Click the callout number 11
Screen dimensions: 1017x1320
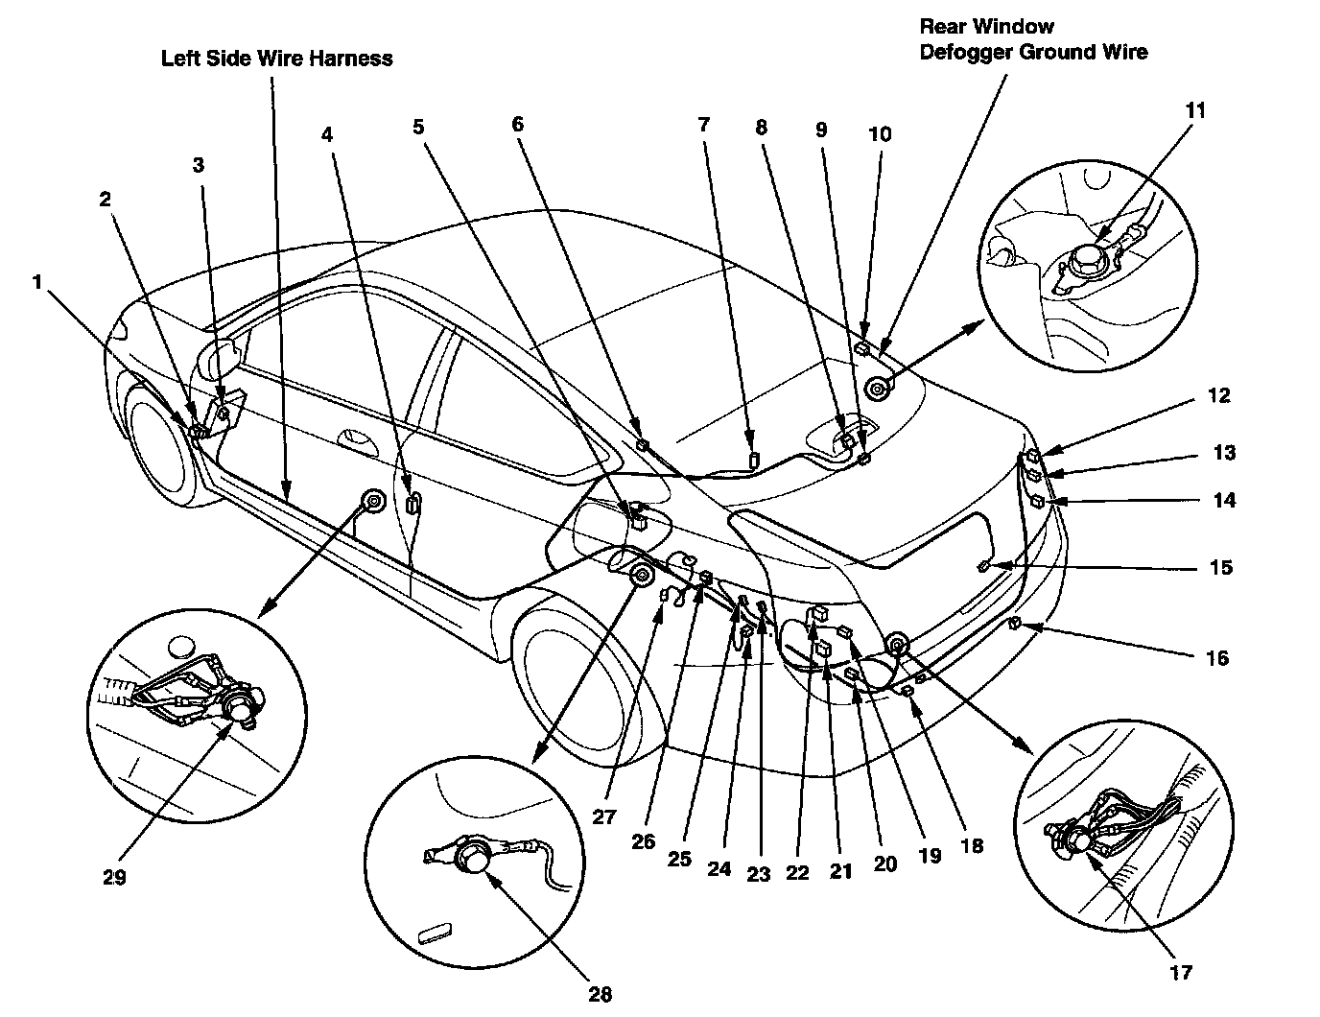coord(1194,110)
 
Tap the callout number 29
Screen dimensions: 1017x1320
coord(113,876)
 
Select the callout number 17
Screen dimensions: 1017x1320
coord(1181,972)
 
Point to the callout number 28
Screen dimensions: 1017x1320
coord(600,994)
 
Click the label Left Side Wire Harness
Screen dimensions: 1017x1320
coord(276,59)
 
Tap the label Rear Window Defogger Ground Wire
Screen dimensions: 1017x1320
coord(1032,39)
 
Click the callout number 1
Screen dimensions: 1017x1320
coord(37,282)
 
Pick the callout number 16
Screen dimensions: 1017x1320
coord(1216,658)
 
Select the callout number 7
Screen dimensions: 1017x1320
coord(704,124)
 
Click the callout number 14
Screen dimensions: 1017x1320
coord(1223,500)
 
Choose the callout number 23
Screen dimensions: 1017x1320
coord(759,874)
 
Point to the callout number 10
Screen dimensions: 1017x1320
coord(879,134)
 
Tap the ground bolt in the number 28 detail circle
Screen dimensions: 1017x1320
coord(474,854)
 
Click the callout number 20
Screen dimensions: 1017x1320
coord(884,864)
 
